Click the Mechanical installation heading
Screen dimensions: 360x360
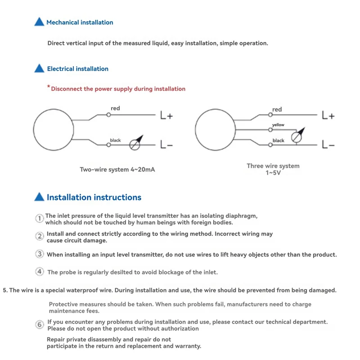click(80, 22)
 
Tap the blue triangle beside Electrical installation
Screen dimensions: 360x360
click(40, 69)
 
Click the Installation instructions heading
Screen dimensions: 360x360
click(94, 197)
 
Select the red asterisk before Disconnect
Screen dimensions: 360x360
click(48, 87)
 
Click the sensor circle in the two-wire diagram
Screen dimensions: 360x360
click(53, 130)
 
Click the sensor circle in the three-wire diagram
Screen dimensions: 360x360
click(215, 130)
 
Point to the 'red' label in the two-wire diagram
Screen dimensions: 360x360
click(115, 108)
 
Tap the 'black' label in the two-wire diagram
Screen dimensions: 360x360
click(116, 140)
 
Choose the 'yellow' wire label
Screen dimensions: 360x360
click(278, 125)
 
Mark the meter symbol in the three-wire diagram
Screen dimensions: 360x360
click(297, 137)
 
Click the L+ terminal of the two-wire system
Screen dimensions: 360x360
click(166, 116)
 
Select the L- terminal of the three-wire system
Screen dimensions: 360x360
click(328, 145)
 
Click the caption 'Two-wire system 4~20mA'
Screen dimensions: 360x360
click(117, 170)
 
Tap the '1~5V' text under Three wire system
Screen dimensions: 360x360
click(273, 173)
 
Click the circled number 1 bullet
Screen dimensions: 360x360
click(40, 218)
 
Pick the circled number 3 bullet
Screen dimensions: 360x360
click(40, 254)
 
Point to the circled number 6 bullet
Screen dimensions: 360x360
click(40, 324)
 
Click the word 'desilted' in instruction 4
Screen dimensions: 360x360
click(117, 272)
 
